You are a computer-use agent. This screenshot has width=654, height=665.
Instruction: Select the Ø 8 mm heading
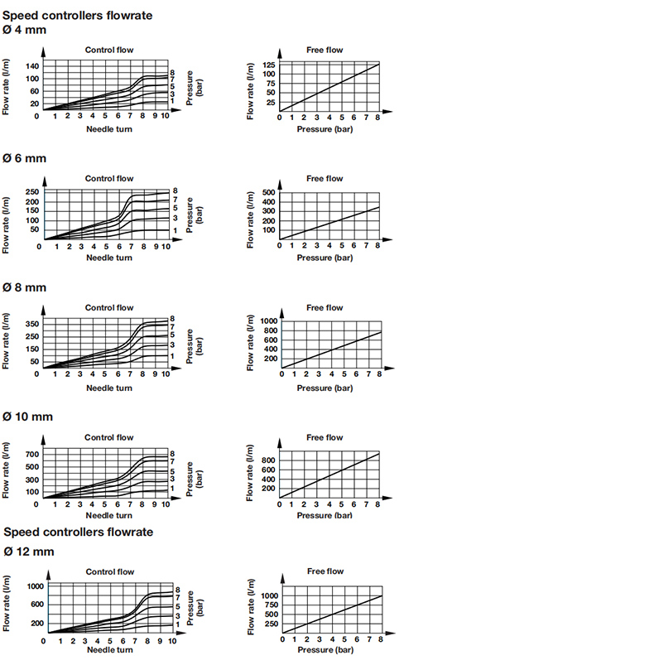(25, 287)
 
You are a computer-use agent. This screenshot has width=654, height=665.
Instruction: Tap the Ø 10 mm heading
(28, 417)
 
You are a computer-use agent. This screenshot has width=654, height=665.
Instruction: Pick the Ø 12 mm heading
(28, 551)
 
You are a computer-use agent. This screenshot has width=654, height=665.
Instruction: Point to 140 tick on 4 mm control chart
(31, 65)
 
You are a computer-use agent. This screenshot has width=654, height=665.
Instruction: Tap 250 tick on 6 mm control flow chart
(31, 192)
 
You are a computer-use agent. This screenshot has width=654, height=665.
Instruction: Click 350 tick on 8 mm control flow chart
(31, 323)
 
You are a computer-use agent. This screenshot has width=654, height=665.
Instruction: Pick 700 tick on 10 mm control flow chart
(31, 455)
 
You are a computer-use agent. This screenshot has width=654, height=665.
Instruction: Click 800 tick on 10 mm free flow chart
(268, 459)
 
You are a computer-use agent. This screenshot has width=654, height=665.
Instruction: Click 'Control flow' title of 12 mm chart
(110, 571)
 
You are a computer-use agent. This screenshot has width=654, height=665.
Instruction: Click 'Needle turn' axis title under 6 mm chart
(109, 258)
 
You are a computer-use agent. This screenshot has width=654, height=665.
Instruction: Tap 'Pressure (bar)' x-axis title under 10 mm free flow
(325, 515)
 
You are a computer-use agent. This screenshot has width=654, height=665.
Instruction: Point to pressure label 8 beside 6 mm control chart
(175, 190)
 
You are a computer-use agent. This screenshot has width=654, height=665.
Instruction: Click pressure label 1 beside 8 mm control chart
(172, 356)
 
